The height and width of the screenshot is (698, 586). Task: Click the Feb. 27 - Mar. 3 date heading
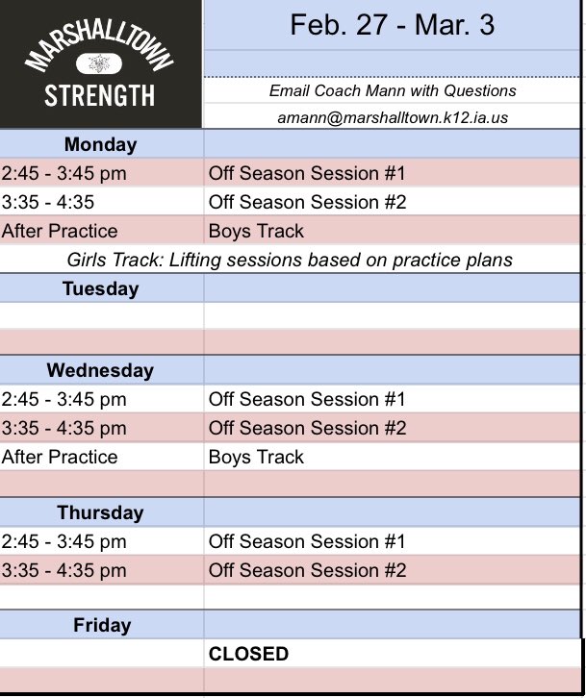click(392, 25)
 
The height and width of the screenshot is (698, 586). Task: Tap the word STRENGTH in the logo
click(100, 96)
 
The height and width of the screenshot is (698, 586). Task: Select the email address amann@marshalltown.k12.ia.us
click(392, 117)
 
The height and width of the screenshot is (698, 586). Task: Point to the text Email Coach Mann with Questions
click(392, 90)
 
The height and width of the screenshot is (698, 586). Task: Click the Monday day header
click(100, 145)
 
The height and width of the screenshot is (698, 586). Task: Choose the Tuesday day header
click(100, 288)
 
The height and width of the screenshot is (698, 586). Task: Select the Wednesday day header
click(100, 370)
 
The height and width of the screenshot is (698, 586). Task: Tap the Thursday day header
click(100, 512)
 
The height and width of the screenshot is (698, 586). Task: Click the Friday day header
click(101, 626)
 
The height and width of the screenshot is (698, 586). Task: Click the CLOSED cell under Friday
click(248, 654)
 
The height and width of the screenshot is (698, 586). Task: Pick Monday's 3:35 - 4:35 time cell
click(48, 202)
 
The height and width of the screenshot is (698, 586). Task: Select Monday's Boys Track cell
click(256, 231)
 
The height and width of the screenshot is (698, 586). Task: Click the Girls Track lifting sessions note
click(290, 260)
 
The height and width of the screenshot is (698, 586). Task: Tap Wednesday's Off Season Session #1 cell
click(307, 399)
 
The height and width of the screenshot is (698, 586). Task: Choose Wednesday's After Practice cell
click(60, 457)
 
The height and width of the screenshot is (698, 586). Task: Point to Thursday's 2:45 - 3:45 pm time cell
click(64, 541)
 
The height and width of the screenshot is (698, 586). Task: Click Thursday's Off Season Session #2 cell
click(307, 570)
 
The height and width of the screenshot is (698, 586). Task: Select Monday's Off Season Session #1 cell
click(307, 174)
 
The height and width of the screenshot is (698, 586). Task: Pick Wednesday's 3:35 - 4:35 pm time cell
click(64, 428)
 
